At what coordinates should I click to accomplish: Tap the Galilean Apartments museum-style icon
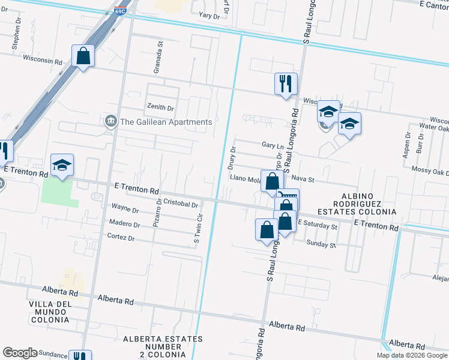point(111,122)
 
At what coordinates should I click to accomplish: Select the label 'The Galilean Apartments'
point(166,122)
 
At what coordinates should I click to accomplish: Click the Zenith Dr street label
point(160,108)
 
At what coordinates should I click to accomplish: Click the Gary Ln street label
point(273,145)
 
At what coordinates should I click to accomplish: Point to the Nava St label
point(303,179)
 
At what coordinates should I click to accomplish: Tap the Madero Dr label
point(124,224)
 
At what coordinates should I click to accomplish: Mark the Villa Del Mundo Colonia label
point(50,312)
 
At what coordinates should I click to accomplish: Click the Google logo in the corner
point(20,353)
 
